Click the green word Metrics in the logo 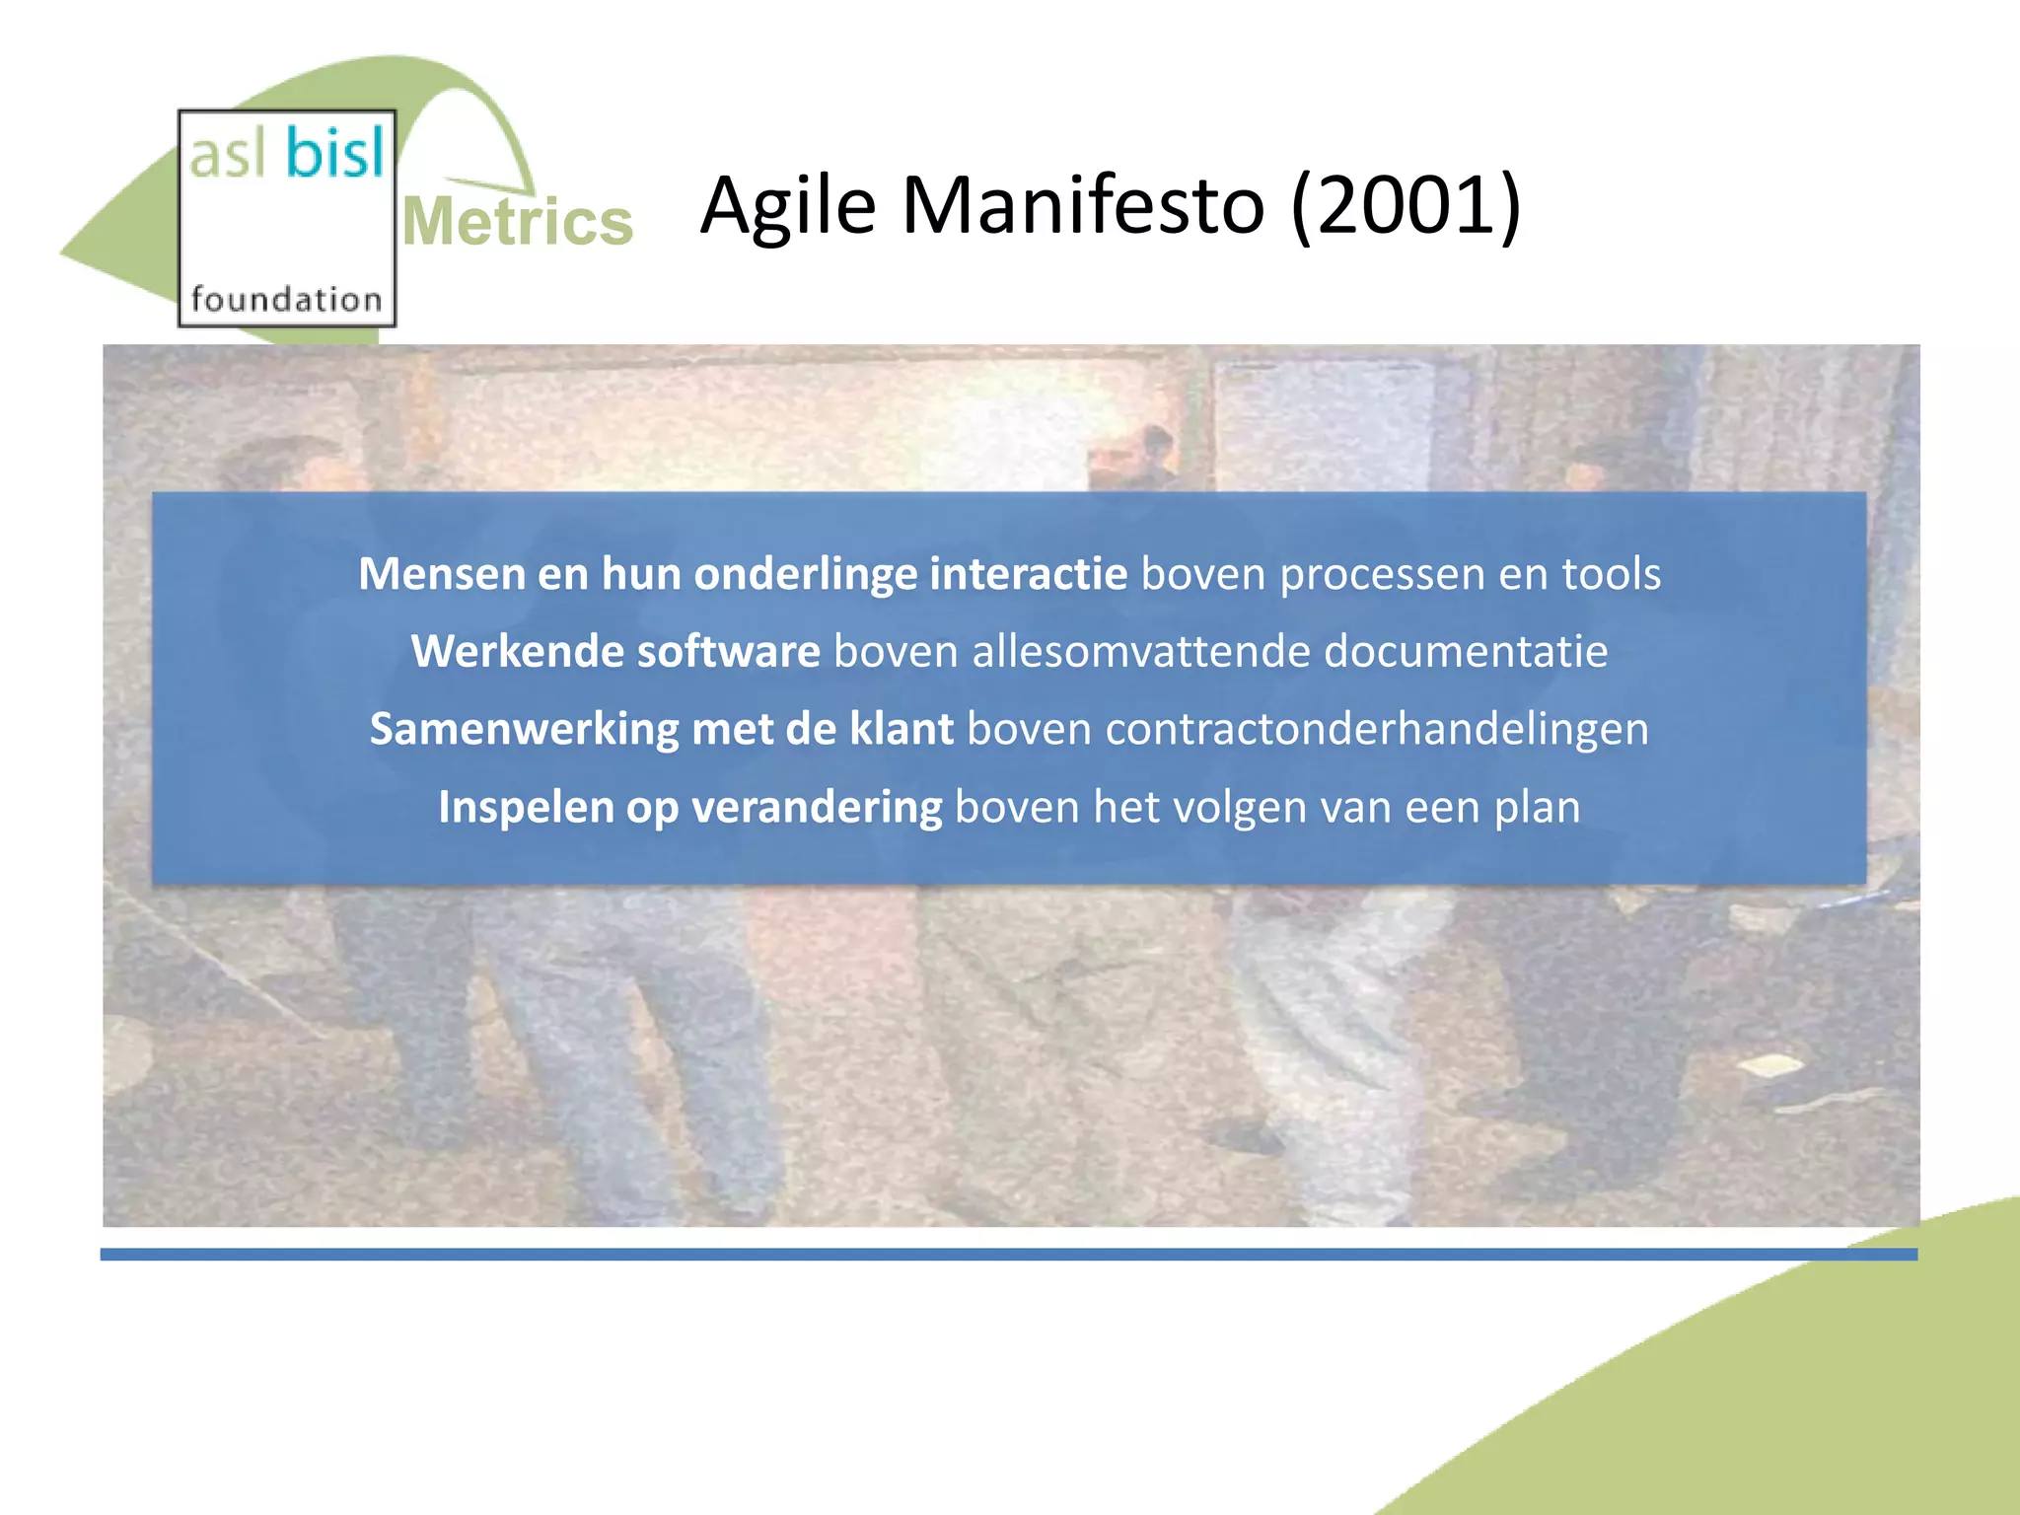click(518, 222)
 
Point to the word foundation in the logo click(286, 299)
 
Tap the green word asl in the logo click(228, 156)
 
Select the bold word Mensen click(441, 574)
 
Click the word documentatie click(1466, 652)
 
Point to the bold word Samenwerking click(524, 730)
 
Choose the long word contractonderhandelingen click(1377, 730)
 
